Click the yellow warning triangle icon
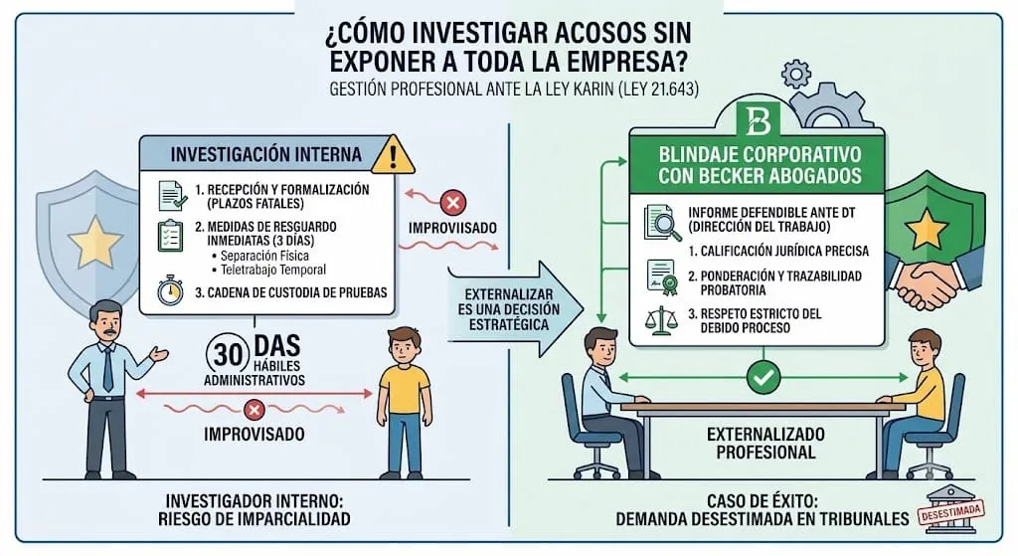pos(393,156)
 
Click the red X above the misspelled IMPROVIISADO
pos(453,203)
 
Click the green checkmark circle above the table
pos(763,377)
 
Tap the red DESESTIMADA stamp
pos(950,512)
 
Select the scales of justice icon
pos(660,320)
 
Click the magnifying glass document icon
pos(662,223)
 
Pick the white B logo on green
pos(758,121)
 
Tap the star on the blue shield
pos(95,241)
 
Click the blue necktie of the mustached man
pos(107,368)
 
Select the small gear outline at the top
pos(796,74)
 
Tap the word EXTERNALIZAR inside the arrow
pos(508,294)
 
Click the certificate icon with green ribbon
pos(661,278)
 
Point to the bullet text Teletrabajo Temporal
pos(273,270)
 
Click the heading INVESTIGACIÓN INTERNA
pos(266,154)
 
